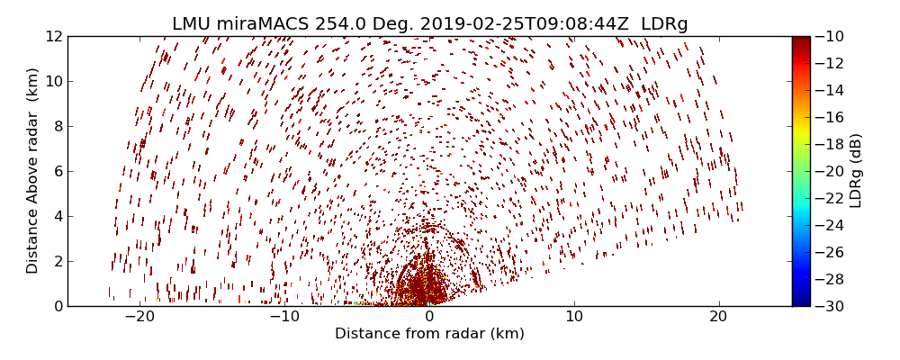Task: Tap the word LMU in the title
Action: coord(192,24)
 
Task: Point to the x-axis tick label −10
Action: coord(284,317)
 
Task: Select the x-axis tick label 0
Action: coord(429,317)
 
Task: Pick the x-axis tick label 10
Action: coord(574,317)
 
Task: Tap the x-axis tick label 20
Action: coord(718,317)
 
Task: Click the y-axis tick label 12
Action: coord(52,37)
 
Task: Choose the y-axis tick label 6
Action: coord(56,171)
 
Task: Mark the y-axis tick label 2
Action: coord(56,261)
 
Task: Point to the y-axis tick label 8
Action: coord(56,126)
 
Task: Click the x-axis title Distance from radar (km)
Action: coord(429,334)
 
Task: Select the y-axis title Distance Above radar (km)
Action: coord(33,171)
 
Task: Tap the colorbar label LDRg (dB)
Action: coord(856,171)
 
